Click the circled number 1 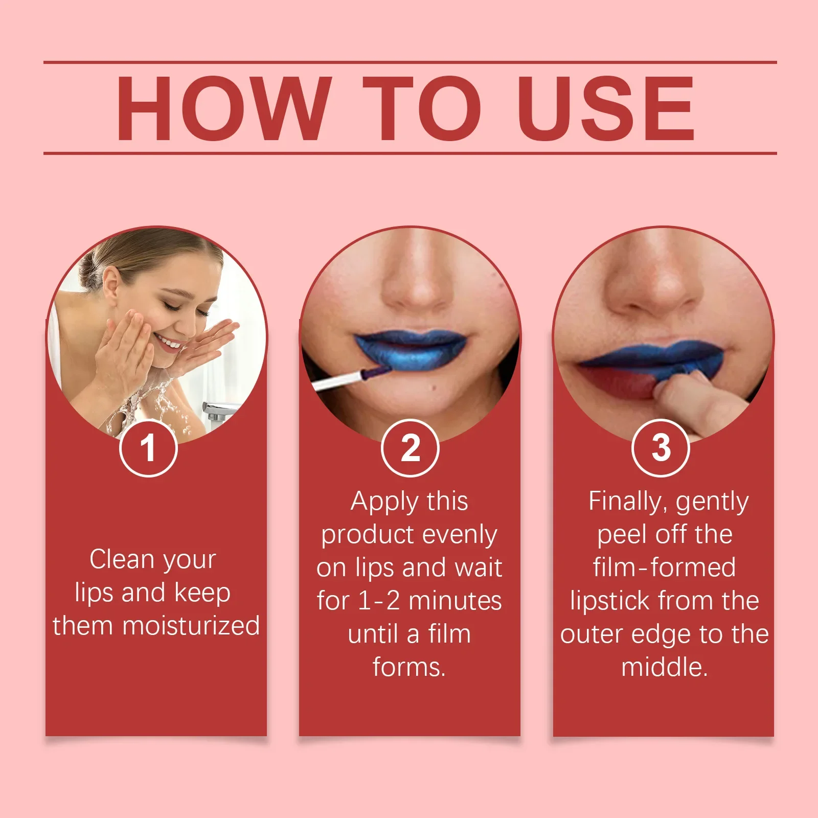[148, 448]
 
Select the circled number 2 [410, 448]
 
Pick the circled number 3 [661, 448]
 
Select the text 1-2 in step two [379, 601]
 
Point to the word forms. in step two [409, 667]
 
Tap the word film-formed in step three [664, 567]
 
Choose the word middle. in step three [664, 667]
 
